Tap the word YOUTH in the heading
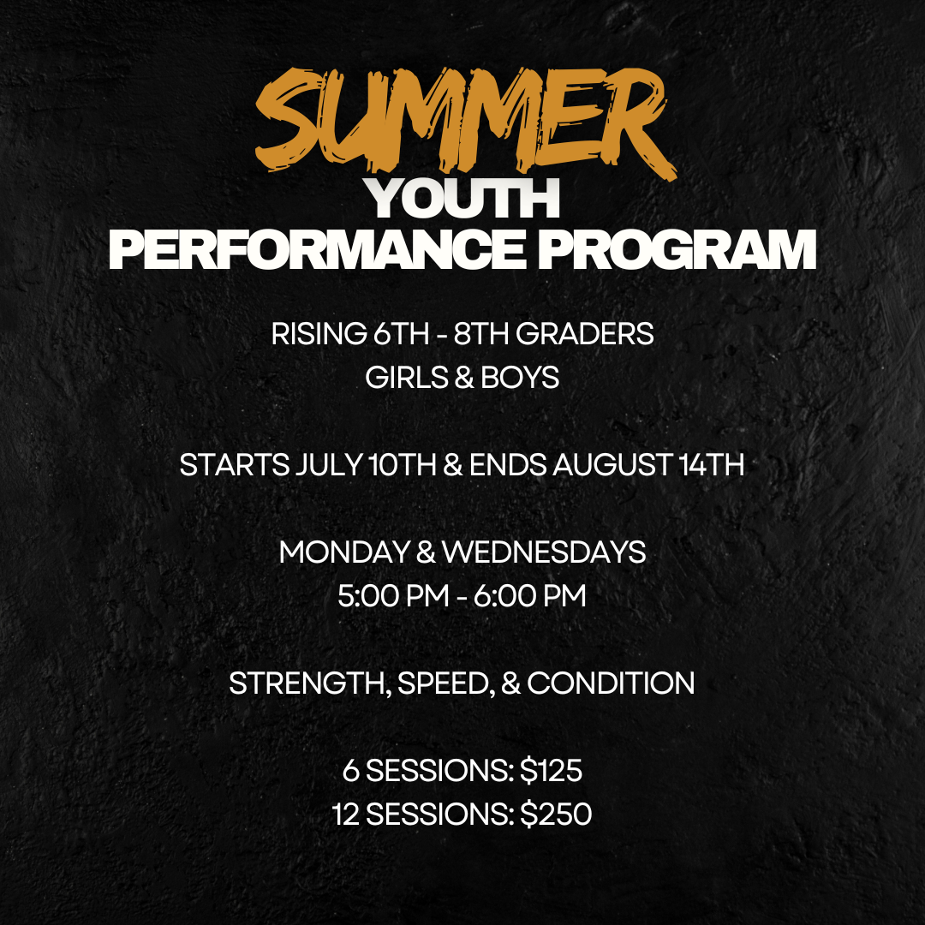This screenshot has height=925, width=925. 462,199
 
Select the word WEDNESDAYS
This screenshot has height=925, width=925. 544,552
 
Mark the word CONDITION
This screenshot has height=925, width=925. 611,683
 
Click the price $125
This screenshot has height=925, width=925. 551,771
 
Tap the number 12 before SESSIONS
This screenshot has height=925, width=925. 347,815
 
